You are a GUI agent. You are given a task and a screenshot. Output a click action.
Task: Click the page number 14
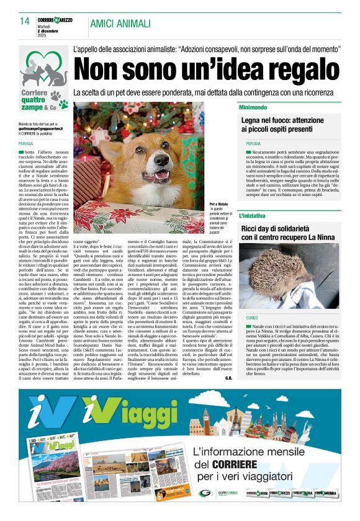tap(25, 22)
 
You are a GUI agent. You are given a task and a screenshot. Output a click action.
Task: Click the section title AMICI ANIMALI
tap(120, 24)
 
